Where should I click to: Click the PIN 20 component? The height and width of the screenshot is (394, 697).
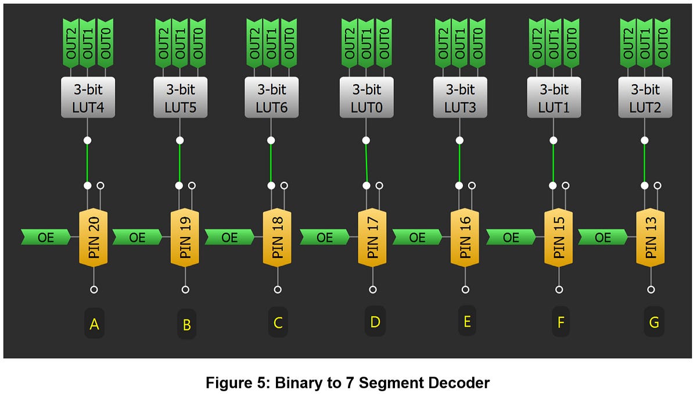[x=94, y=238]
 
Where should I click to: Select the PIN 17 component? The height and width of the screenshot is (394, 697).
[x=372, y=238]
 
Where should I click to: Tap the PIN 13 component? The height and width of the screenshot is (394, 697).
[x=651, y=238]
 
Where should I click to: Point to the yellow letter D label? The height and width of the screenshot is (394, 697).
[x=375, y=322]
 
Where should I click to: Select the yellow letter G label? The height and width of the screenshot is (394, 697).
[x=654, y=323]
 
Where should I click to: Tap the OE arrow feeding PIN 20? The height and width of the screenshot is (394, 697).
[x=45, y=237]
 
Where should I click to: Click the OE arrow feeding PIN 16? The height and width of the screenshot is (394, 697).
[x=418, y=237]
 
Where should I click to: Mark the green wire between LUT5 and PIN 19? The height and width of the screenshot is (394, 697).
[x=179, y=163]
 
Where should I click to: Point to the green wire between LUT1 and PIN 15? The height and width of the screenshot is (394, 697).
[x=553, y=163]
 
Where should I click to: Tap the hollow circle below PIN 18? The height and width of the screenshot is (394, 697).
[x=278, y=289]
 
